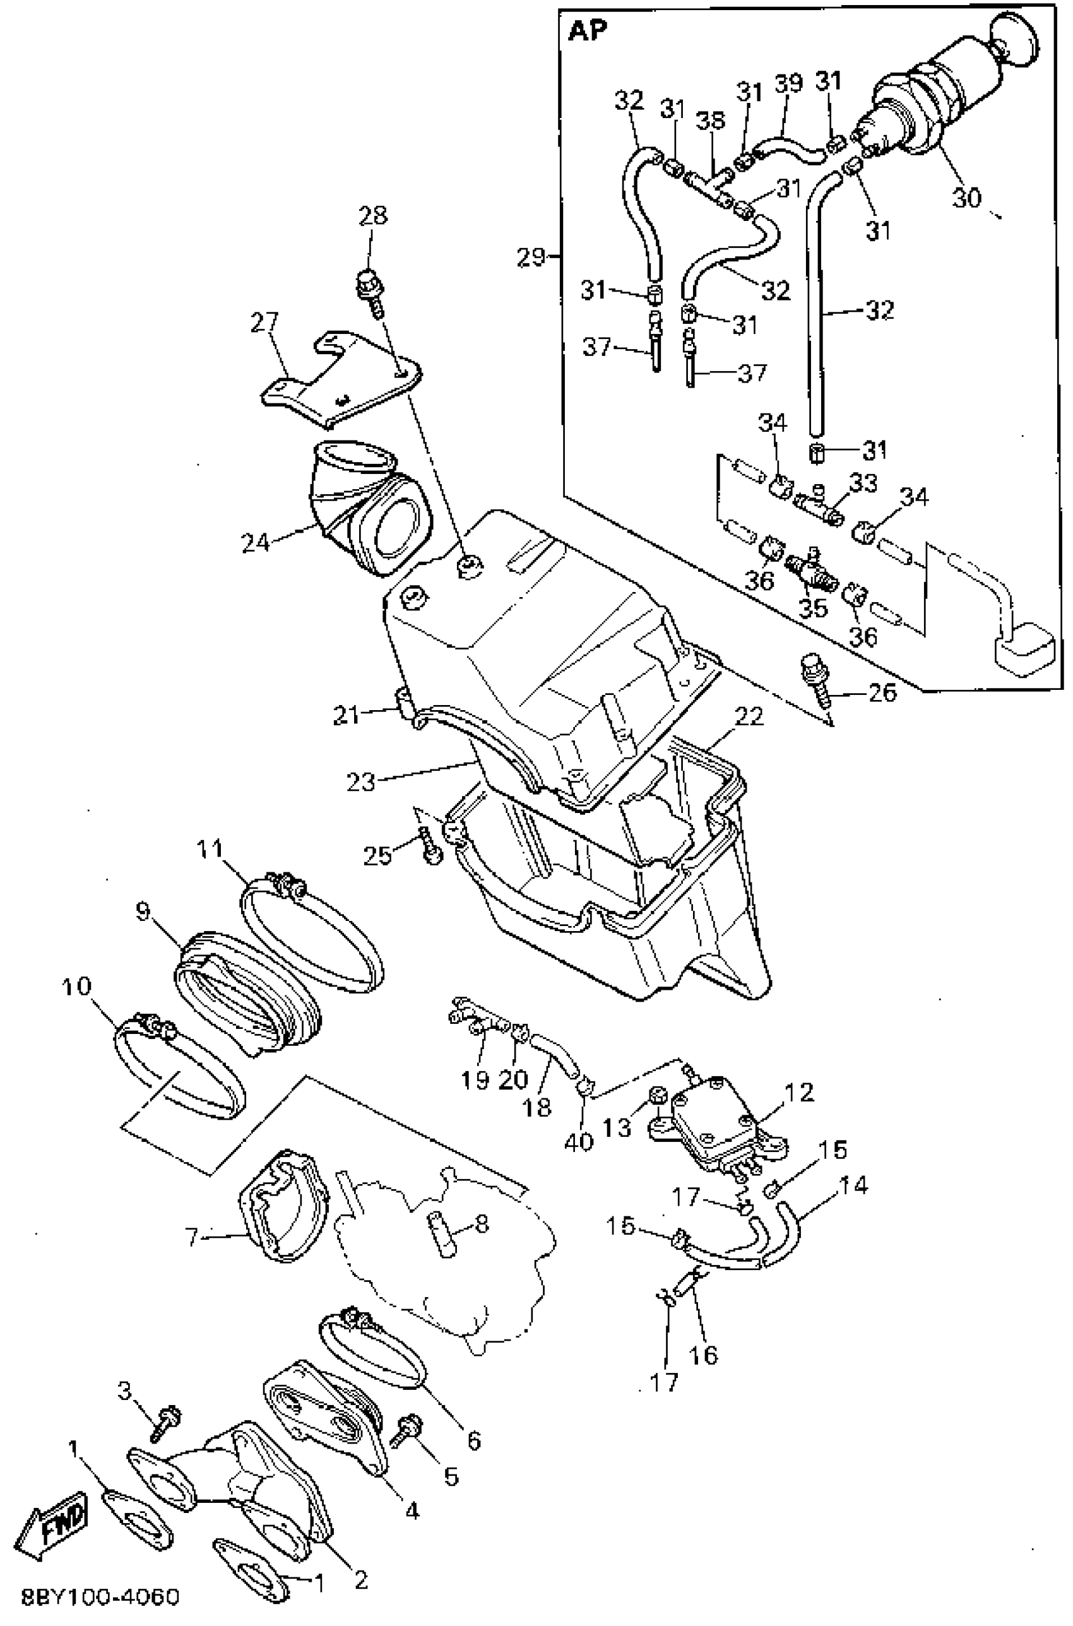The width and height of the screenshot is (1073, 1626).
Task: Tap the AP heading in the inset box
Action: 588,32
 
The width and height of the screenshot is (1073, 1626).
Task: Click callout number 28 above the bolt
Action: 373,216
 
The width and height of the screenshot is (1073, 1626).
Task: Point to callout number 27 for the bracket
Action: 265,322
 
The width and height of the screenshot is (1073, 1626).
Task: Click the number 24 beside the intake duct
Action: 255,543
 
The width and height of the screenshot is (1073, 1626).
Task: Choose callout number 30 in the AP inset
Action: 966,198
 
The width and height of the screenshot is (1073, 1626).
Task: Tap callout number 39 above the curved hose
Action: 788,83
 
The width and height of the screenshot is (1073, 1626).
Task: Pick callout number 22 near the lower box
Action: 749,716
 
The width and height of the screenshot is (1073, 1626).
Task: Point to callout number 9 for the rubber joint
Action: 143,911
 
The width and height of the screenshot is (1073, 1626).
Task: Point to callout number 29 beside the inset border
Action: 531,258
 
